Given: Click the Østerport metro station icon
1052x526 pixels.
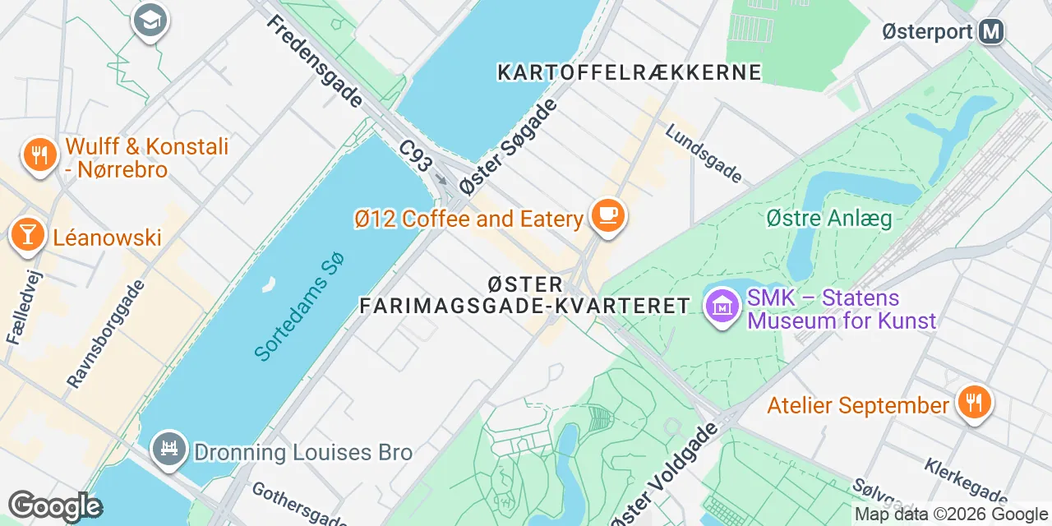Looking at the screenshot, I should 992,32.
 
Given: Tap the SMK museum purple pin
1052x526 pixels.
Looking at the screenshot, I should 722,307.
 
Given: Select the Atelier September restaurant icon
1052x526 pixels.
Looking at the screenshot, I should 974,404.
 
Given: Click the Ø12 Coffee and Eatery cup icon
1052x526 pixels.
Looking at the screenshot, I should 607,216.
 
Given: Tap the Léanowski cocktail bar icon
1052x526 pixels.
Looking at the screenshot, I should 27,235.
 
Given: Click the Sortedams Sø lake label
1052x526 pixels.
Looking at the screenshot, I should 298,307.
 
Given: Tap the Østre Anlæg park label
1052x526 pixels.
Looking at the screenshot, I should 828,219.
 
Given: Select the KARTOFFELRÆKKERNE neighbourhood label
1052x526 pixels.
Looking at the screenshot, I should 630,72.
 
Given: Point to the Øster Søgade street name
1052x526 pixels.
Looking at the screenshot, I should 509,147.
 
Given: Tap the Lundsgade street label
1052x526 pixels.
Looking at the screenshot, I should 704,153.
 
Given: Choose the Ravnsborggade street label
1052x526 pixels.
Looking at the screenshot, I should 106,334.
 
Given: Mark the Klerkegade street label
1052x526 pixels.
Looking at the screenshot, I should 966,481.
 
